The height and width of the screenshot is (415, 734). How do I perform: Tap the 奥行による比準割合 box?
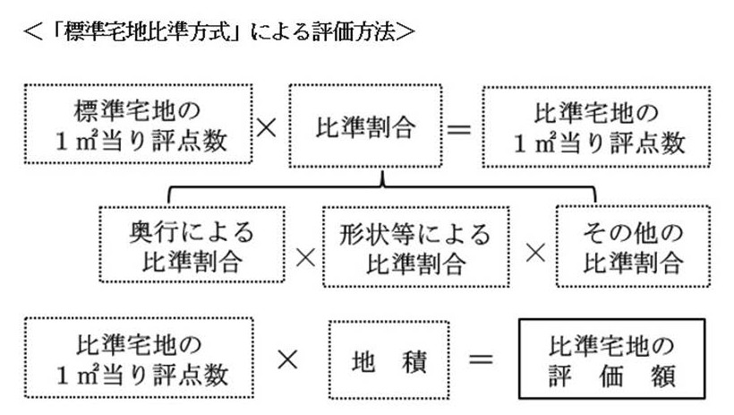[190, 246]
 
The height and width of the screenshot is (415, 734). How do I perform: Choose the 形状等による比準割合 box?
[415, 246]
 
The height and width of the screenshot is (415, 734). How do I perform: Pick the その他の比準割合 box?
[633, 246]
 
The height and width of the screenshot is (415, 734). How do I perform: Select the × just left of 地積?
[288, 359]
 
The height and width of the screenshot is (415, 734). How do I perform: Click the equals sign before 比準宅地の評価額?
[482, 359]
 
